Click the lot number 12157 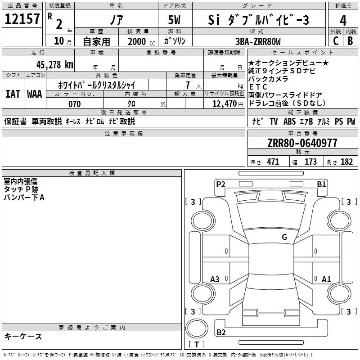pyautogui.click(x=22, y=19)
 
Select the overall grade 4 pyautogui.click(x=343, y=21)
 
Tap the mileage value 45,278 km pyautogui.click(x=55, y=65)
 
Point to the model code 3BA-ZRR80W pyautogui.click(x=258, y=41)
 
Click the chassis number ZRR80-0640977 pyautogui.click(x=302, y=143)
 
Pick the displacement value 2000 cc pyautogui.click(x=141, y=41)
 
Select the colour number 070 pyautogui.click(x=75, y=104)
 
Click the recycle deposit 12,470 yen pyautogui.click(x=228, y=104)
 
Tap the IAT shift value pyautogui.click(x=13, y=94)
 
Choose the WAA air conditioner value pyautogui.click(x=35, y=94)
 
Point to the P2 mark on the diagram pyautogui.click(x=220, y=184)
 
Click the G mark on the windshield pyautogui.click(x=284, y=237)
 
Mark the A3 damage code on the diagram pyautogui.click(x=215, y=279)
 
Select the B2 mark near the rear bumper pyautogui.click(x=221, y=332)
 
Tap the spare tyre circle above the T pyautogui.click(x=197, y=328)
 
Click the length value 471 pyautogui.click(x=273, y=162)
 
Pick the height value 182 pyautogui.click(x=346, y=162)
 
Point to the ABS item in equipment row pyautogui.click(x=289, y=121)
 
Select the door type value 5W pyautogui.click(x=174, y=20)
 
